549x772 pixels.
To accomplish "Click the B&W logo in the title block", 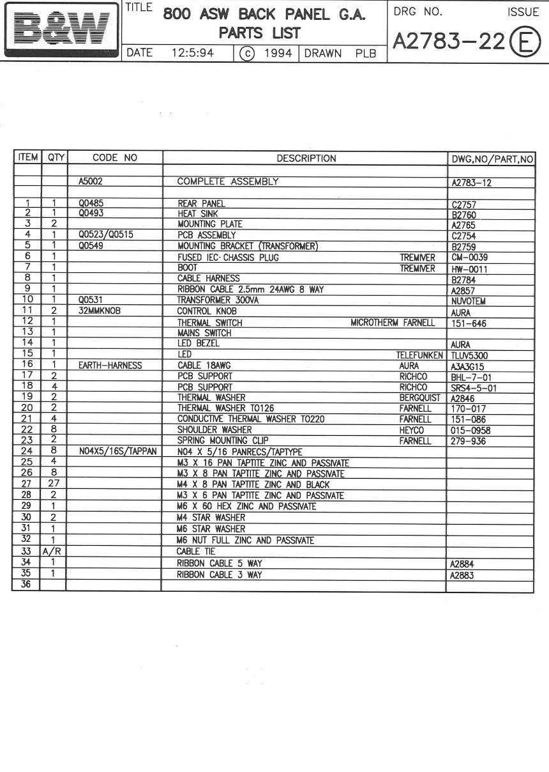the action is pos(61,29).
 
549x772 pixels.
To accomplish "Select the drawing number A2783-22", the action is pos(449,41).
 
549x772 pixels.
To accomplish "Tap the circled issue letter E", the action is pos(523,42).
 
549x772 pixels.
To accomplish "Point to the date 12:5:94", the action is pos(192,53).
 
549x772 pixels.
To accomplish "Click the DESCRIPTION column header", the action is pos(306,158).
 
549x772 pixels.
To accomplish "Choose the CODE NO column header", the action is pos(115,158).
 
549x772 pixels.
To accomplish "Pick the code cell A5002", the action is pos(91,181).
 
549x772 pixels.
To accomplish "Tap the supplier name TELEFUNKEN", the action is pos(419,355).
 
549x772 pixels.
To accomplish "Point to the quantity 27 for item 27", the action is pos(54,484).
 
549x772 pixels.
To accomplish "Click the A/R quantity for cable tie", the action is pos(54,552).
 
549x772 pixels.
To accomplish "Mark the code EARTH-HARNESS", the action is pos(110,366).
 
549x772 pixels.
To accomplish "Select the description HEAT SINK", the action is pos(197,214).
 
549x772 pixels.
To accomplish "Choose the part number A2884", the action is pos(462,564).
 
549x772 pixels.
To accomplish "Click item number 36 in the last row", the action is pos(27,584).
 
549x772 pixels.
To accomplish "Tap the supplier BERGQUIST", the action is pos(420,398).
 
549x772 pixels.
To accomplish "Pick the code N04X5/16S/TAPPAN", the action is pos(117,451).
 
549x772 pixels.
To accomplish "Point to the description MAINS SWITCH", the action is pos(204,333).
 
